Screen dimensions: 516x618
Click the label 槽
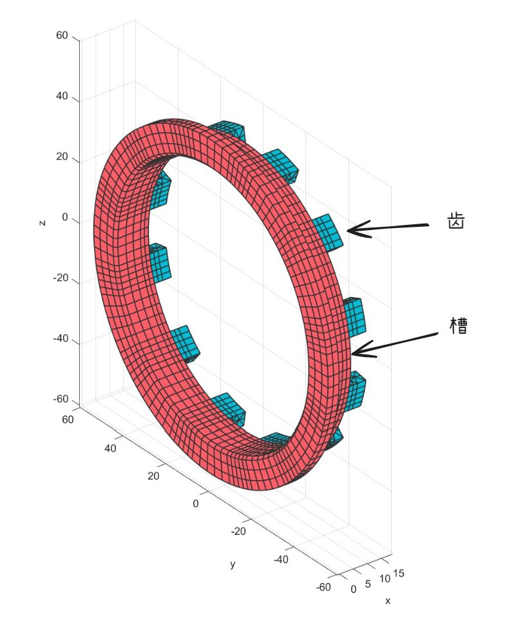point(459,325)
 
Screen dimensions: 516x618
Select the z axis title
point(43,223)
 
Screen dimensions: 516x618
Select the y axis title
point(233,564)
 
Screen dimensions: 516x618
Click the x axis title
point(388,601)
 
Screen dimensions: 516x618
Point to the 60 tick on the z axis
point(62,35)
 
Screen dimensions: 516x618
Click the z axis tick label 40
point(62,96)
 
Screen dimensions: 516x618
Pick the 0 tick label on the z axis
point(65,218)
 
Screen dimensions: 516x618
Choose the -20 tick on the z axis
point(61,278)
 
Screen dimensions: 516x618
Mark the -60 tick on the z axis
point(61,400)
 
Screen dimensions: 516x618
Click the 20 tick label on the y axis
point(153,476)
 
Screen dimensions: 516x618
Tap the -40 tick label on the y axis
point(280,559)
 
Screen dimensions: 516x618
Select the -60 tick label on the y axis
point(323,587)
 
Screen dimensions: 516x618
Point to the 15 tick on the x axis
point(399,574)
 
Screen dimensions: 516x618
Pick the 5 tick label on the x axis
point(368,584)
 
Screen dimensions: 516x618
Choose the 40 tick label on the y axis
point(110,448)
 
